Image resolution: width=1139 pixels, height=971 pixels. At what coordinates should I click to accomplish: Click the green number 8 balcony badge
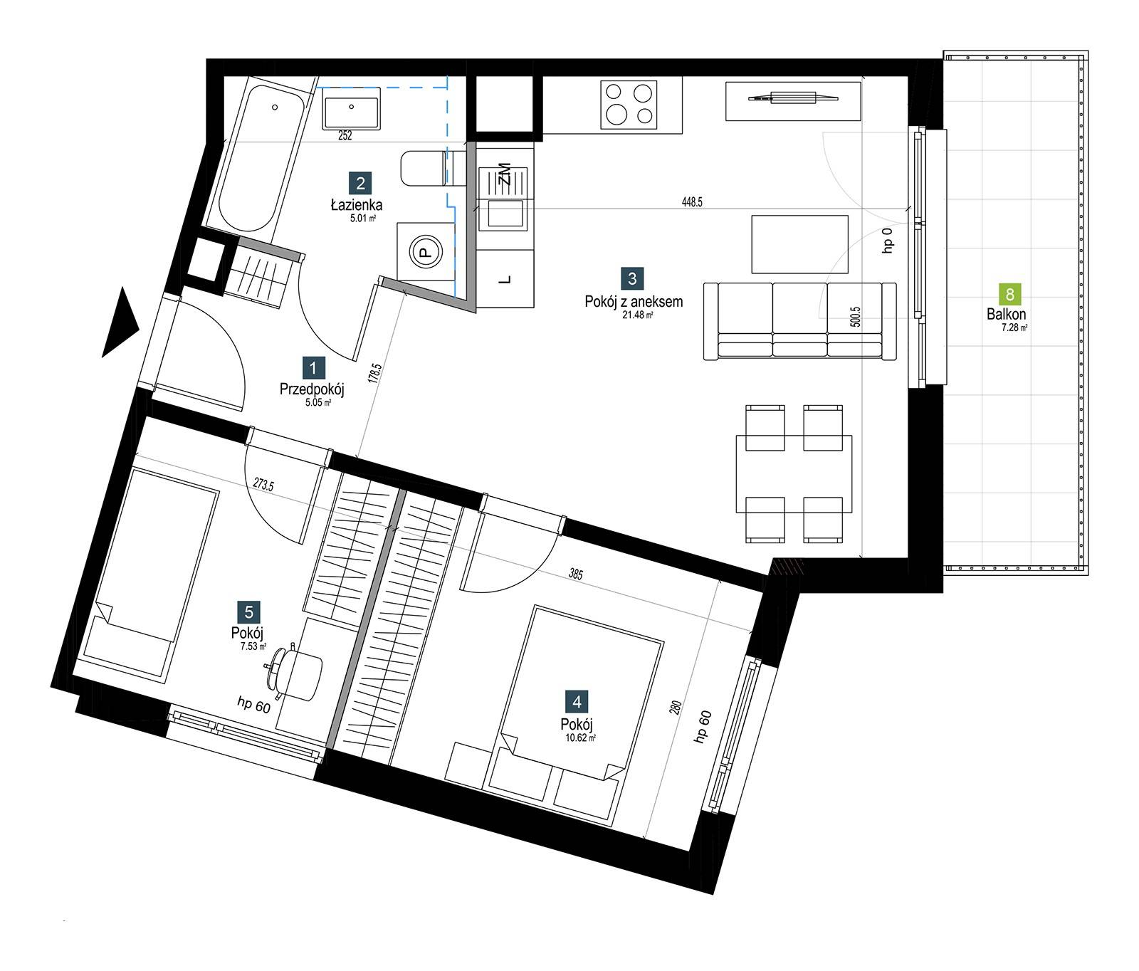pos(1009,294)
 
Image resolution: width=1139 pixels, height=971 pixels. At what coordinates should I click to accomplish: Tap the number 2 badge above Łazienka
pos(360,184)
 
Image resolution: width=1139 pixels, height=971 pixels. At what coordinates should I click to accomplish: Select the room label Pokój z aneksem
pos(634,302)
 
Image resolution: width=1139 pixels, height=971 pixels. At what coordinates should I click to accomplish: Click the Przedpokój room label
pos(312,389)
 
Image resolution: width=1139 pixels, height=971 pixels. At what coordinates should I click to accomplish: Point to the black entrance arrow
pos(120,322)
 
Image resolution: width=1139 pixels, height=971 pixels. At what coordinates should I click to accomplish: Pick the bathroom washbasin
pos(352,107)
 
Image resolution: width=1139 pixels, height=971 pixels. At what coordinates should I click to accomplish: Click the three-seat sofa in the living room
pos(799,320)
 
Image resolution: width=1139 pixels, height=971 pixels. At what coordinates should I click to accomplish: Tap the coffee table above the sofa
pos(800,244)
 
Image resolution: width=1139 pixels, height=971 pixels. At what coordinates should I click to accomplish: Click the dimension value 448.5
pos(692,202)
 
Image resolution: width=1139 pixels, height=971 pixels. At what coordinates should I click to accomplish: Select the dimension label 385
pos(575,573)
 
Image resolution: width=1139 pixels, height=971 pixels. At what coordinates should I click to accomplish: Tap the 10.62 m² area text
pos(580,738)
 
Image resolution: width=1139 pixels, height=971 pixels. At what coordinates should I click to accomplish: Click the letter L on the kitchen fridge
pos(505,280)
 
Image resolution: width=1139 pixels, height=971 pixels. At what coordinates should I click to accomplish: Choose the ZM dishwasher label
pos(505,174)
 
